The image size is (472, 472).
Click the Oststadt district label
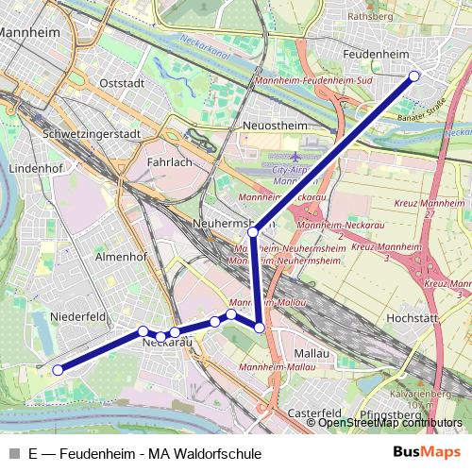coord(122,83)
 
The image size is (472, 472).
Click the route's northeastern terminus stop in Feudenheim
coord(413,77)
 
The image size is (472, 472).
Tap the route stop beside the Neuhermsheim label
coord(253,231)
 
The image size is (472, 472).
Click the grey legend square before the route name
coord(14,453)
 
